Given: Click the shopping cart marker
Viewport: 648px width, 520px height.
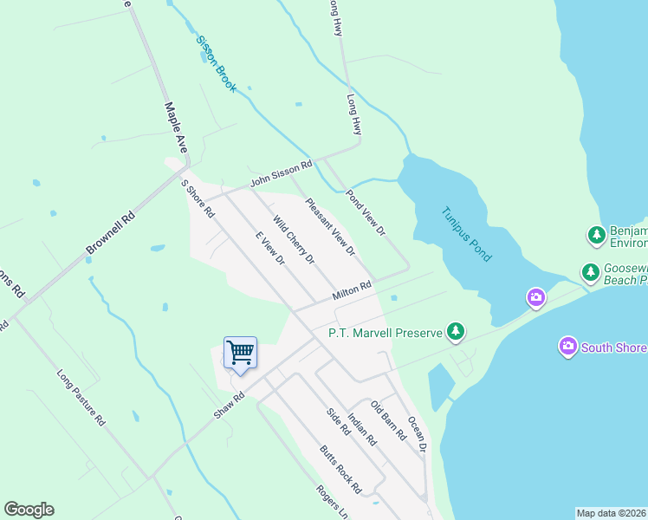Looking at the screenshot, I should point(240,354).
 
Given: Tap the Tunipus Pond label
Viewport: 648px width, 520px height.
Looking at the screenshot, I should point(466,234).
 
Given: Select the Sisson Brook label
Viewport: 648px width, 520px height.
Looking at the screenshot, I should point(216,64).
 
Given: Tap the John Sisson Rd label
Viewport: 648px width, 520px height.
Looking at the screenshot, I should point(281,173).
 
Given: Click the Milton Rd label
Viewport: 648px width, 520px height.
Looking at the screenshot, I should point(352,291).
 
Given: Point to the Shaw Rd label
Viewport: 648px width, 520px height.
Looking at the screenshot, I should point(230,405).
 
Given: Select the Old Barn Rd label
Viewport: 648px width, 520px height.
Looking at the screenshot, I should point(388,420).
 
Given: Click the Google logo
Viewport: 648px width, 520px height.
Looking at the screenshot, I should point(29,510).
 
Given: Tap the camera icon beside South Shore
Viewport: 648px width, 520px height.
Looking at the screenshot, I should point(567,347).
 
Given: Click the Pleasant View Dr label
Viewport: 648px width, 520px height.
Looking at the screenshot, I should point(330,227).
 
